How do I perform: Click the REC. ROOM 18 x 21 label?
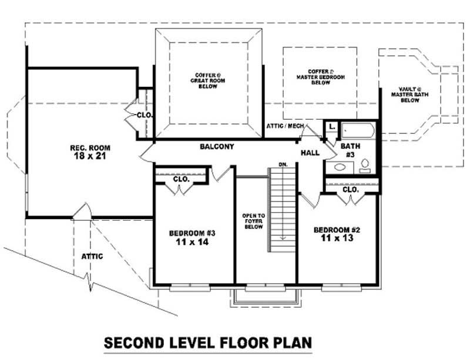tap(90, 152)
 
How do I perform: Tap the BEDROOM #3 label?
tap(191, 237)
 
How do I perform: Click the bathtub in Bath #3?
tap(359, 129)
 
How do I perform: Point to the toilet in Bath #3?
tap(365, 165)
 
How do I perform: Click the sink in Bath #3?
tap(339, 167)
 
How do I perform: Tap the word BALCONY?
tap(216, 146)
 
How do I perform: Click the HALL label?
tap(310, 153)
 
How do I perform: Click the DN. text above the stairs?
tap(283, 164)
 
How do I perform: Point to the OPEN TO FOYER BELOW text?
tap(253, 221)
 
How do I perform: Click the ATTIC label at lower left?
tap(93, 256)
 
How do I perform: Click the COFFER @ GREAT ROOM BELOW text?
tap(207, 80)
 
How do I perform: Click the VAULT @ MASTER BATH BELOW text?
tap(409, 95)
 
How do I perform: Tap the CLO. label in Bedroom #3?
tap(182, 179)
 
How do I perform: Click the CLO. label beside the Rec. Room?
tap(144, 115)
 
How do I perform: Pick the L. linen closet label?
tap(331, 126)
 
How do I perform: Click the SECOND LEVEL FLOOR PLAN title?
tap(207, 342)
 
